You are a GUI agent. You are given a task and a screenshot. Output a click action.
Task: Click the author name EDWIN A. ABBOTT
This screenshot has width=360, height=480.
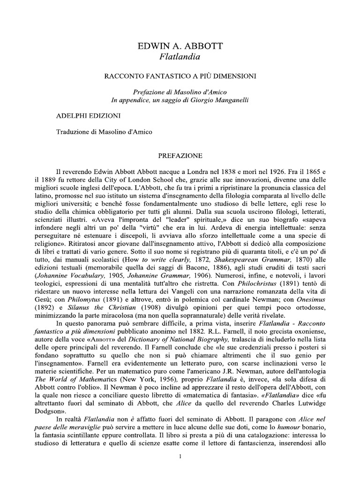[x=180, y=46]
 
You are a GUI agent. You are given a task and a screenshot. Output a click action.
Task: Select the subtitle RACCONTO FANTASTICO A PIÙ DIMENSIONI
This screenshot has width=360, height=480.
[x=180, y=75]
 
